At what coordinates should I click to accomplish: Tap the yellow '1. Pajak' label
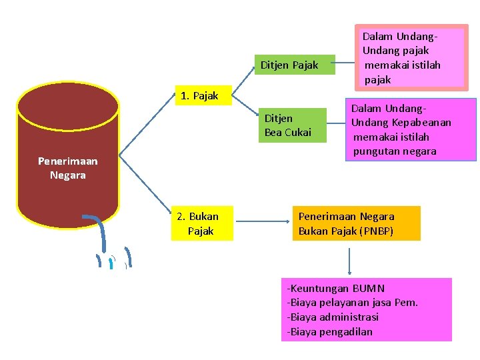coord(199,96)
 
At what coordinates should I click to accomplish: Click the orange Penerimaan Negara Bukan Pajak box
coord(355,223)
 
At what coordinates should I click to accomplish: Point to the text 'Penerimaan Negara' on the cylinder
coord(67,168)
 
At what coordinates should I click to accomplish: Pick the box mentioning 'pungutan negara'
coord(411,129)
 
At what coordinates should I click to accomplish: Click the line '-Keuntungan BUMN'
coord(335,289)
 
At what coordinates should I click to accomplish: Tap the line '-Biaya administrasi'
coord(332,317)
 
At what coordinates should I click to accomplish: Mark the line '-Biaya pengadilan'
coord(329,331)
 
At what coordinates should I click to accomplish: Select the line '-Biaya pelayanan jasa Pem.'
coord(352,303)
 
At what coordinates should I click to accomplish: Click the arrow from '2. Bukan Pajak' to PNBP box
coord(261,217)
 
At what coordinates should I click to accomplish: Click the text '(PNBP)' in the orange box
coord(376,231)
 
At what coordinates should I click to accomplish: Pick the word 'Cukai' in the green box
coord(298,132)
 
